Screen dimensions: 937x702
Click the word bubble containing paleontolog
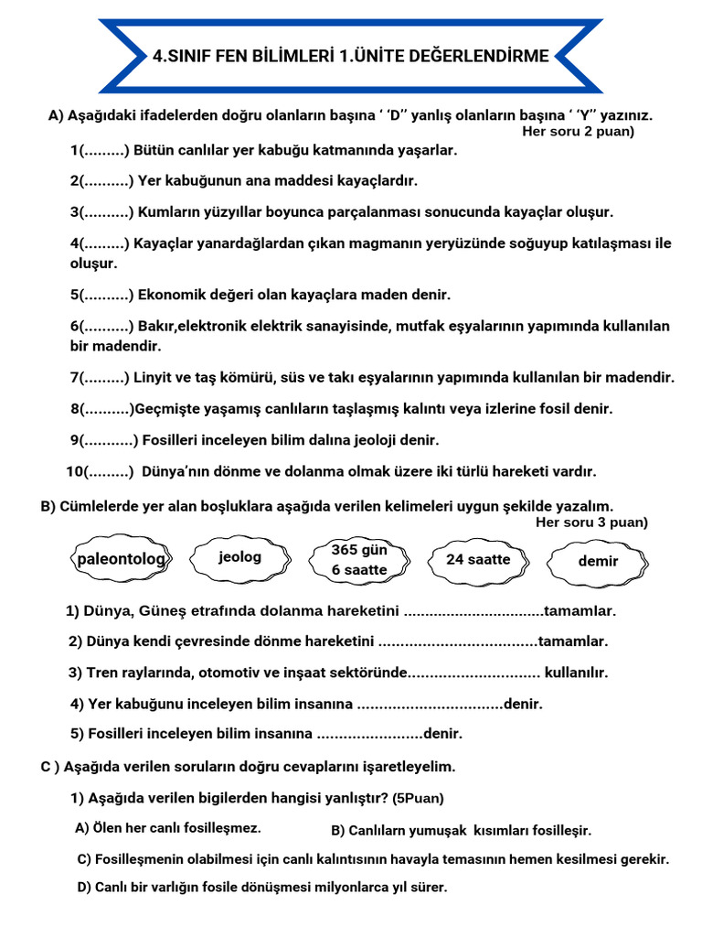coord(121,559)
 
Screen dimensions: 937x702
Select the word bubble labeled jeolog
coord(239,557)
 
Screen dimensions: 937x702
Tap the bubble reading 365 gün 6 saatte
coord(359,560)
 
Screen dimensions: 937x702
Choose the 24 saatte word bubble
coord(478,559)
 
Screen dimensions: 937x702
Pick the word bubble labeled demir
coord(598,561)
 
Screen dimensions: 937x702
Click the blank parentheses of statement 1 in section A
coord(105,150)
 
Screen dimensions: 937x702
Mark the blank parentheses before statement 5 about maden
coord(106,295)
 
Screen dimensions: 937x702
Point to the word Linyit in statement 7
coord(154,377)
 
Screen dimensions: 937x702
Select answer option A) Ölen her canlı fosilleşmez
coord(168,828)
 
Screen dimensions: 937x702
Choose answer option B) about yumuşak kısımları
coord(461,831)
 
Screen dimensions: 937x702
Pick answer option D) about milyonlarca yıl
coord(262,888)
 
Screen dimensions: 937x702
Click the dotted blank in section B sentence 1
coord(473,611)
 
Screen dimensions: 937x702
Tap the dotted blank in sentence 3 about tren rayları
coord(473,673)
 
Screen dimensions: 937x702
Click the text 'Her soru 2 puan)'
coord(578,132)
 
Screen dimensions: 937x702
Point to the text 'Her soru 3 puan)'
coord(591,522)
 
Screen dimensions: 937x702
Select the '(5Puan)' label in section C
coord(419,799)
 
